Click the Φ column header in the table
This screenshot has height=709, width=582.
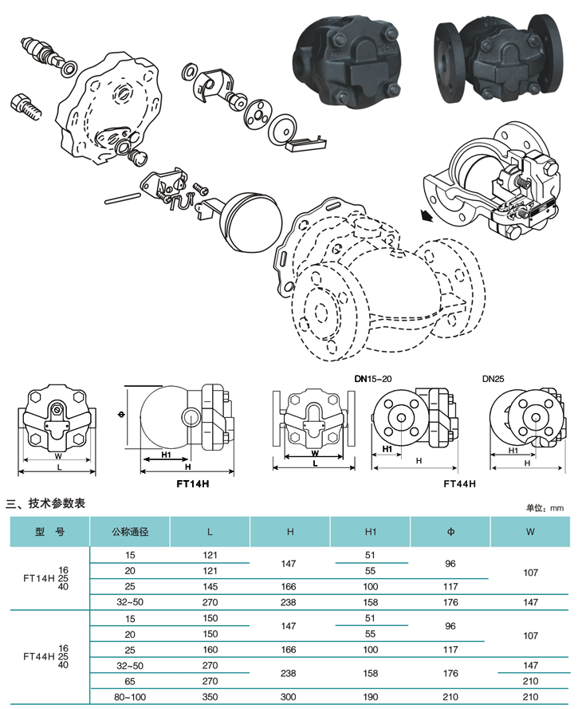click(450, 532)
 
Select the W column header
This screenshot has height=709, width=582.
click(530, 532)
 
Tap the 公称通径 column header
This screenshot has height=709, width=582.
click(130, 532)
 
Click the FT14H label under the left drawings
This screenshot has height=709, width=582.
click(193, 484)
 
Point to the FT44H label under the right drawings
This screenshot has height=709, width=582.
click(459, 484)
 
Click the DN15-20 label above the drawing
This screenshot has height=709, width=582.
click(373, 379)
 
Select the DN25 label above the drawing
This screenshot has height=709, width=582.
click(493, 379)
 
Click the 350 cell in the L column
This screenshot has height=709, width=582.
click(210, 697)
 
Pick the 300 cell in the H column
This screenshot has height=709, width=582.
click(289, 697)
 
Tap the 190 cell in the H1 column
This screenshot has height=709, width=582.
click(371, 697)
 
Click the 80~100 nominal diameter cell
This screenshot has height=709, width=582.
click(130, 697)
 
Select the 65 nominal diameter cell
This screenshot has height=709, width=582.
click(130, 681)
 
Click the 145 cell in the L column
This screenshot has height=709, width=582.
click(210, 586)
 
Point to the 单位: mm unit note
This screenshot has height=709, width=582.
click(545, 508)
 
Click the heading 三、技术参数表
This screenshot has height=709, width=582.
click(45, 503)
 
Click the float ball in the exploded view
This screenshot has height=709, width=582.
click(251, 222)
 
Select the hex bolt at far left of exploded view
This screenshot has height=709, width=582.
click(26, 108)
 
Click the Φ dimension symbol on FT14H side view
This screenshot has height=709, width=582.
click(121, 414)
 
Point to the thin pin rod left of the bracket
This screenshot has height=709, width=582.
click(123, 199)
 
